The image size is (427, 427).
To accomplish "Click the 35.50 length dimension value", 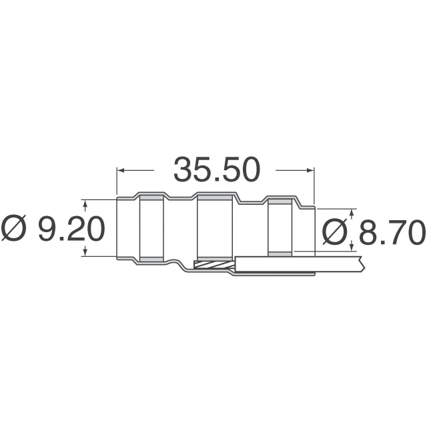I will pos(216,170).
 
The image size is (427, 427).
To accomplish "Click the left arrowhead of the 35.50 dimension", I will pos(121,170).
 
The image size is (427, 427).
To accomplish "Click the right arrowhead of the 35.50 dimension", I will pos(311,170).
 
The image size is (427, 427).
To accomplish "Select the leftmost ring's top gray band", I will pos(151,198).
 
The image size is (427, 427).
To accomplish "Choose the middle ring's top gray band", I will pos(214,198).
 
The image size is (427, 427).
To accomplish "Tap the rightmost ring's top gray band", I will pos(279,201).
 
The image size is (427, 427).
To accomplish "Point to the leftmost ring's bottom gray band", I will pos(151,258).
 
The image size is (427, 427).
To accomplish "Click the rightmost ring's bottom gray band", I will pos(279,253).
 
